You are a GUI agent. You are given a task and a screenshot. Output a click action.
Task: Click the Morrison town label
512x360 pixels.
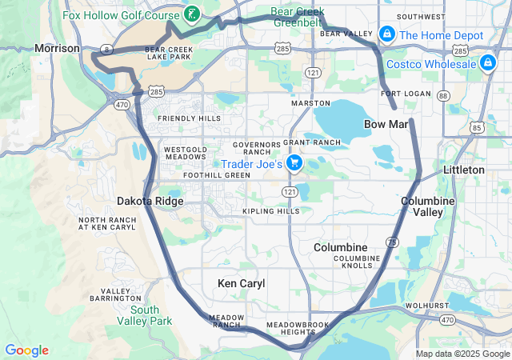click(57, 49)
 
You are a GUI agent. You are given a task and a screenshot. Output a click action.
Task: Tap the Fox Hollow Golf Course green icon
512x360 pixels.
click(191, 14)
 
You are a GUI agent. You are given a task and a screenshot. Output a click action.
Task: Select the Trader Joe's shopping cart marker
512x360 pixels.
click(294, 164)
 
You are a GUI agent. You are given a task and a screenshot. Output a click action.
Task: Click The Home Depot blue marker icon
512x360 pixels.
click(387, 35)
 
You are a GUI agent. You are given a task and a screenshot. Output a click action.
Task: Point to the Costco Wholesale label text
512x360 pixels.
click(431, 64)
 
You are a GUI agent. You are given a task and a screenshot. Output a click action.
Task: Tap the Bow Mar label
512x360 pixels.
click(386, 124)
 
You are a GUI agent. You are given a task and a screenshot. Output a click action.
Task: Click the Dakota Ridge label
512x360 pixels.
click(150, 201)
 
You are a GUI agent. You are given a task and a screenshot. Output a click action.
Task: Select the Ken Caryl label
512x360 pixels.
click(241, 283)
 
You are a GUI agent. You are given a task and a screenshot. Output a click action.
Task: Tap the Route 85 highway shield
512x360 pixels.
click(478, 127)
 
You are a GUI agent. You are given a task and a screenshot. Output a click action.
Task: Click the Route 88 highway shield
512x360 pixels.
click(445, 95)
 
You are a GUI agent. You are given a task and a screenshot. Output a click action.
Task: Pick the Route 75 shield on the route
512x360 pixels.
click(391, 242)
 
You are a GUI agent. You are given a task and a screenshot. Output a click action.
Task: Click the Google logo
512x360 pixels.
click(27, 350)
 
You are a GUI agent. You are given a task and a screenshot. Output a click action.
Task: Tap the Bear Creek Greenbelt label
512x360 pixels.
click(298, 17)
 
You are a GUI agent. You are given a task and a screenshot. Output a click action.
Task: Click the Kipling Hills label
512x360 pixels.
click(271, 211)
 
